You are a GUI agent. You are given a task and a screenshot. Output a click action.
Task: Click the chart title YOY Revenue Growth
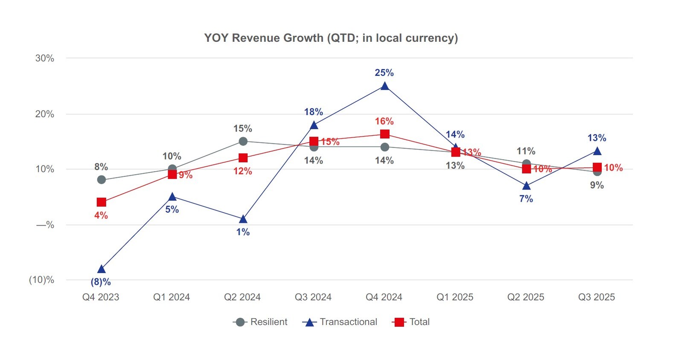point(331,38)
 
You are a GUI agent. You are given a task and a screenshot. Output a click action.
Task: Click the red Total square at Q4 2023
point(101,202)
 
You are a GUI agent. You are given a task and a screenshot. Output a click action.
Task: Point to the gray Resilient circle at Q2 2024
point(243,141)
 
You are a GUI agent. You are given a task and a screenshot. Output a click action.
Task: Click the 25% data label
point(384,73)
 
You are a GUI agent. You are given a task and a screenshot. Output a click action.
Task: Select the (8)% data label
point(101,282)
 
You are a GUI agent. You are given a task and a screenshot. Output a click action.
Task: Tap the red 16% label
point(384,122)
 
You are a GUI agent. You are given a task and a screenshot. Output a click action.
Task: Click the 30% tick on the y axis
point(44,58)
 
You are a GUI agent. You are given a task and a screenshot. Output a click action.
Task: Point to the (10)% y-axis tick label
point(41,280)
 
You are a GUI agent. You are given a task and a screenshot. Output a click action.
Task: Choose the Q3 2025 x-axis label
point(596,297)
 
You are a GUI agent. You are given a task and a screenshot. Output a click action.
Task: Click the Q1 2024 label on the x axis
point(171,297)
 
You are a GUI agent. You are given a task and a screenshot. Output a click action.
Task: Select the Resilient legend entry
point(260,322)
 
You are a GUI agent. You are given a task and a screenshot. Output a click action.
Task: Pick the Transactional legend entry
point(340,322)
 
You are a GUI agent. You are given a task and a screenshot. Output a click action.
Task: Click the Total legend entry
point(411,322)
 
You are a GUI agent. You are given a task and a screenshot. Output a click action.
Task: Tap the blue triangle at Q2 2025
point(526,186)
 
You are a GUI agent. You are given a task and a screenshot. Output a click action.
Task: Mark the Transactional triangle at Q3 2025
point(597,151)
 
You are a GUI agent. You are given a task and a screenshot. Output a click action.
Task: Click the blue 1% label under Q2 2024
point(243,232)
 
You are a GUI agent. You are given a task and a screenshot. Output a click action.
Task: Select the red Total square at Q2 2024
point(243,158)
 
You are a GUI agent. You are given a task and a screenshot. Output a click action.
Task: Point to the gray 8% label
point(101,167)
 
